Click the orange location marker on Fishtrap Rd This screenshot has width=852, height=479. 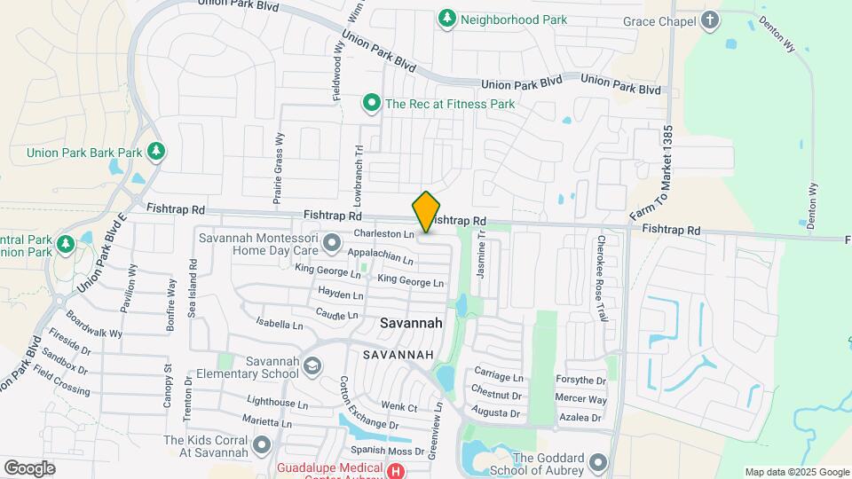click(x=426, y=211)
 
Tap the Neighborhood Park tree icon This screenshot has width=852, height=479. click(x=447, y=18)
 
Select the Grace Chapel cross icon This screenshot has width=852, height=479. click(x=710, y=20)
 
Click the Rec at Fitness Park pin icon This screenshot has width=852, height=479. click(x=372, y=104)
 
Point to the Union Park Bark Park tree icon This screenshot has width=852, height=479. click(x=156, y=152)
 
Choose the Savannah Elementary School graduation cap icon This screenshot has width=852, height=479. click(x=312, y=365)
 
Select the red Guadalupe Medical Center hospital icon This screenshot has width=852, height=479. click(x=397, y=471)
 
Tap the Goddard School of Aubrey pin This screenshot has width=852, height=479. click(x=598, y=462)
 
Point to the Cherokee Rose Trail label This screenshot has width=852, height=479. click(x=601, y=278)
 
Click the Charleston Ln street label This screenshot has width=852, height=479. click(x=384, y=234)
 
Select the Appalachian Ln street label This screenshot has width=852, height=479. click(x=381, y=256)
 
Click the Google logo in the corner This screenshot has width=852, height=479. click(x=29, y=467)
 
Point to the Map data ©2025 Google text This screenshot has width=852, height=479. click(x=797, y=472)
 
